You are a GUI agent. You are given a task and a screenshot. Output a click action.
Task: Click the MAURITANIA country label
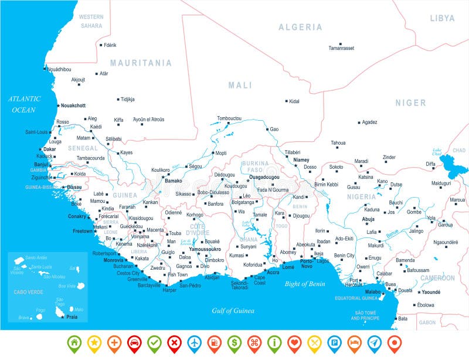click(x=141, y=63)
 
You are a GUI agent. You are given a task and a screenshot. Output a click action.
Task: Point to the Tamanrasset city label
click(x=341, y=48)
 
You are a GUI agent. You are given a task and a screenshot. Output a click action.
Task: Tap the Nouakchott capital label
click(x=73, y=106)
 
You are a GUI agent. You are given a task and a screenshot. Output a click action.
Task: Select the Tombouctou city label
click(x=229, y=118)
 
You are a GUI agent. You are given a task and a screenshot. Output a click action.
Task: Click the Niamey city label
click(x=301, y=159)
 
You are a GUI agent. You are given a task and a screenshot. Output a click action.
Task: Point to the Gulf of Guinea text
click(x=232, y=311)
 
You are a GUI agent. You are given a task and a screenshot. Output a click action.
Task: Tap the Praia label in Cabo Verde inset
click(x=71, y=317)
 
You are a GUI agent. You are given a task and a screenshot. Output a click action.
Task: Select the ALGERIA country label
click(x=300, y=27)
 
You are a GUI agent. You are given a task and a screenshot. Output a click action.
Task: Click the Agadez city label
click(x=369, y=122)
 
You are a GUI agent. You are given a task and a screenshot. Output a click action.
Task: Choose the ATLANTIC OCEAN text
click(x=24, y=104)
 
